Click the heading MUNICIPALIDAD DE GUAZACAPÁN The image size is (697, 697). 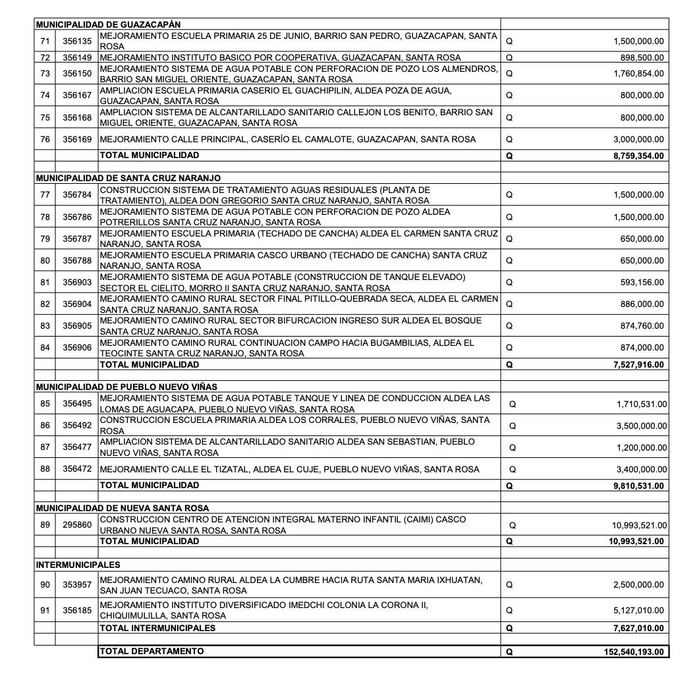point(108,24)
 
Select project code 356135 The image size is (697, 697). point(77,41)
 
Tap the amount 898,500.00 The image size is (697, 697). point(642,57)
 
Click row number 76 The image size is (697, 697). point(45,140)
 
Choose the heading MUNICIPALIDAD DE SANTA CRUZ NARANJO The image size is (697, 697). point(128,179)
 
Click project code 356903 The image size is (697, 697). point(77,282)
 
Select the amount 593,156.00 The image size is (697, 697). point(642,283)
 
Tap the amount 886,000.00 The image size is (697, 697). point(642,304)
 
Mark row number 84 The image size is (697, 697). point(45,347)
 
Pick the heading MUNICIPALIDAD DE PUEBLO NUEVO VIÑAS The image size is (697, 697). point(126,387)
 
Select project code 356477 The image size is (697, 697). point(77,447)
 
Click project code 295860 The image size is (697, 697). point(77,525)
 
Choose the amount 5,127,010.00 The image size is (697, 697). point(638,610)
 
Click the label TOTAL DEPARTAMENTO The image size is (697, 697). point(152,651)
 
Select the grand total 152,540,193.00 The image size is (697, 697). point(634,652)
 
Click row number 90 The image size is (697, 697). point(45,585)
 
